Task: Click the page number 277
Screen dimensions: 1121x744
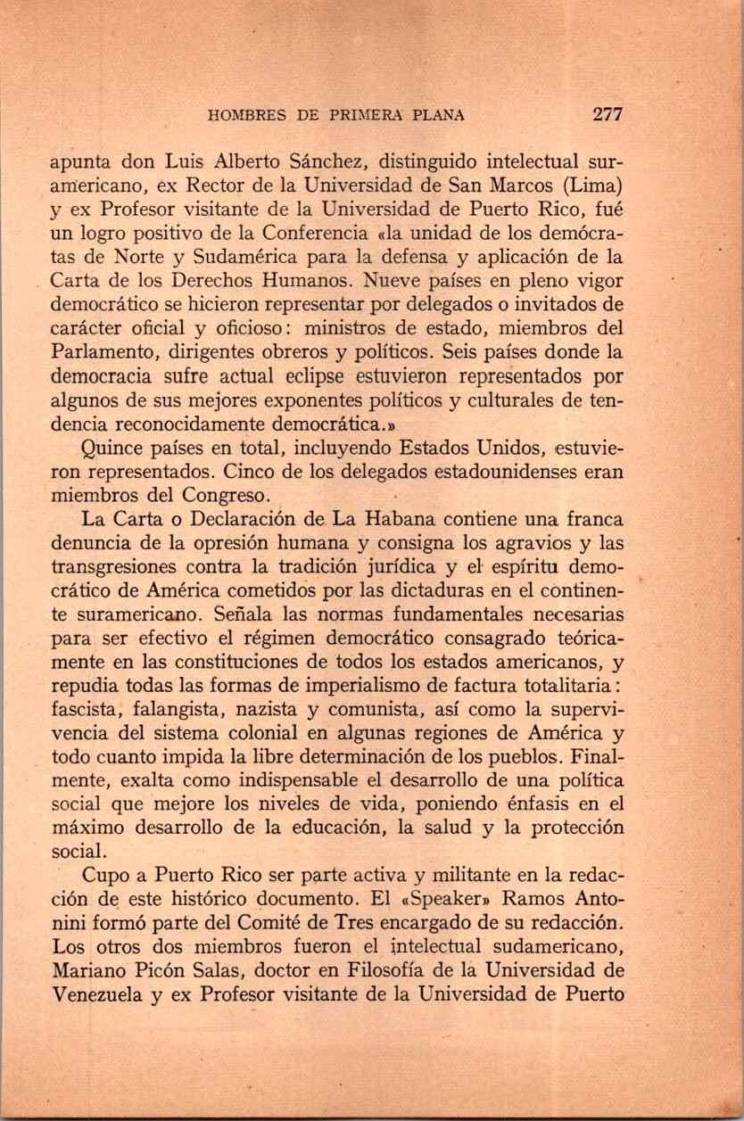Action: (x=607, y=114)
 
